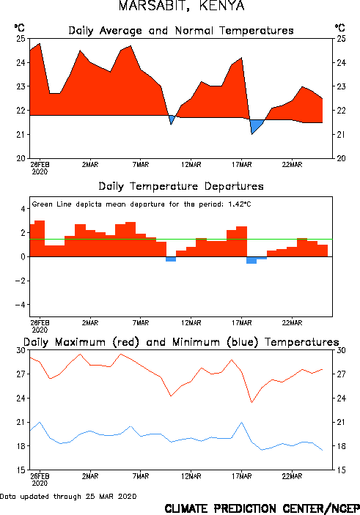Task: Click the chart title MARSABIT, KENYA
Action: point(182,6)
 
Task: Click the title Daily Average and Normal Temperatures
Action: point(181,31)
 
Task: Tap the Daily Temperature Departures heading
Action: point(181,186)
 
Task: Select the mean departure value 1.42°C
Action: point(240,204)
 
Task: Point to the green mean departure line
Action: point(181,239)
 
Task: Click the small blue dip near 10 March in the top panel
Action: point(172,119)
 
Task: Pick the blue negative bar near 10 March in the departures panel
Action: point(171,259)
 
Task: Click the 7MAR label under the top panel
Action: point(141,164)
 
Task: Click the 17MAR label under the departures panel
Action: point(242,322)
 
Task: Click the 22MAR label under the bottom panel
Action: point(292,476)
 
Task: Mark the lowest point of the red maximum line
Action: point(251,403)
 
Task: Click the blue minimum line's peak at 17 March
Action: point(242,422)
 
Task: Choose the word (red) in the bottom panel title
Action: point(125,342)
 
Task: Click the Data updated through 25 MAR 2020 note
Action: point(68,496)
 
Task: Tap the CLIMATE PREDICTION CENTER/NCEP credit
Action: point(262,508)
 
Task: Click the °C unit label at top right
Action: point(339,28)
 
